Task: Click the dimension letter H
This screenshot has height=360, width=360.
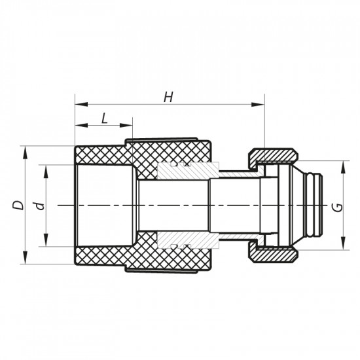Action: point(168,97)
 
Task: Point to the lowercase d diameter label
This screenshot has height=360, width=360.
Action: point(41,205)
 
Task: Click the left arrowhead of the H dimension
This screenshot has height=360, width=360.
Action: point(79,103)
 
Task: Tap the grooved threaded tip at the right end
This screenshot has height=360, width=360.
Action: point(315,205)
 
